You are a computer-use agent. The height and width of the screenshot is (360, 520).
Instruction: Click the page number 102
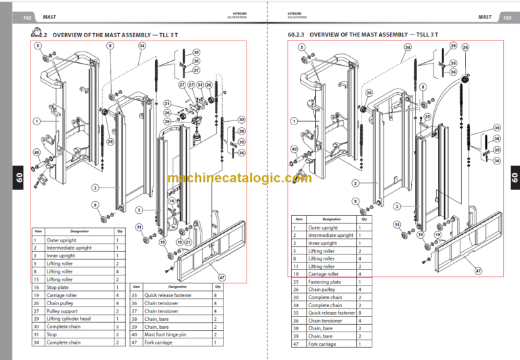pos(27,17)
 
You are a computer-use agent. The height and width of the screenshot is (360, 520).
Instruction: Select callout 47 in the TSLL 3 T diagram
pos(478,271)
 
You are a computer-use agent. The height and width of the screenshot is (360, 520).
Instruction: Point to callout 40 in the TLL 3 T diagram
pos(36,153)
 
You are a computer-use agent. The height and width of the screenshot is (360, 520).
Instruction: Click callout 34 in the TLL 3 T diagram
pos(142,46)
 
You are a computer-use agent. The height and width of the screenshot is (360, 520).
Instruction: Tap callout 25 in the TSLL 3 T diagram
pos(428,116)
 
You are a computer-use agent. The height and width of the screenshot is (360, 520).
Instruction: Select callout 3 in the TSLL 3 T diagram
pos(398,205)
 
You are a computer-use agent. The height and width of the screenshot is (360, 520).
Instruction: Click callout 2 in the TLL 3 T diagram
pos(95,187)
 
